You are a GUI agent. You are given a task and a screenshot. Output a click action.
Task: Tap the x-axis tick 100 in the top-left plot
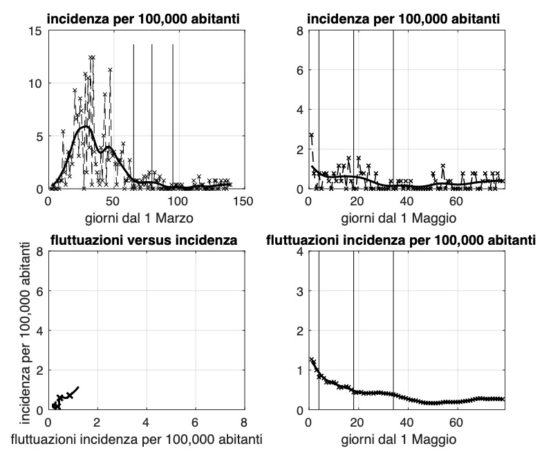[x=178, y=201]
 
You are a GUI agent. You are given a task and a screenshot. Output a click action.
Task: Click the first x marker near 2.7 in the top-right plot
[x=311, y=136]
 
